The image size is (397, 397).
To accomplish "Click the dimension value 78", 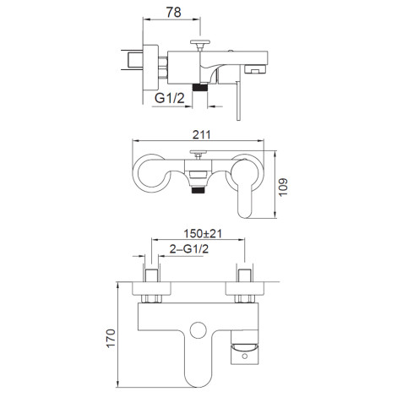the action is [173, 12].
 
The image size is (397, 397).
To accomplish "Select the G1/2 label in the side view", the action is [170, 98].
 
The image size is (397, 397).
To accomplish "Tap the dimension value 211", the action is [202, 134].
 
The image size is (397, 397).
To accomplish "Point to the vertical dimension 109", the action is [283, 187].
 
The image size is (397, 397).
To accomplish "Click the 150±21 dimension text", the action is [203, 233].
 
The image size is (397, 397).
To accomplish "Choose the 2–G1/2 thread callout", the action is [189, 249].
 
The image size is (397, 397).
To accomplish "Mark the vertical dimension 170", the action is [111, 338].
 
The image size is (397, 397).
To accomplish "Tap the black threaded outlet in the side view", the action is [199, 87].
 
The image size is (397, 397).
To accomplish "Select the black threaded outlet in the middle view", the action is [198, 191].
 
